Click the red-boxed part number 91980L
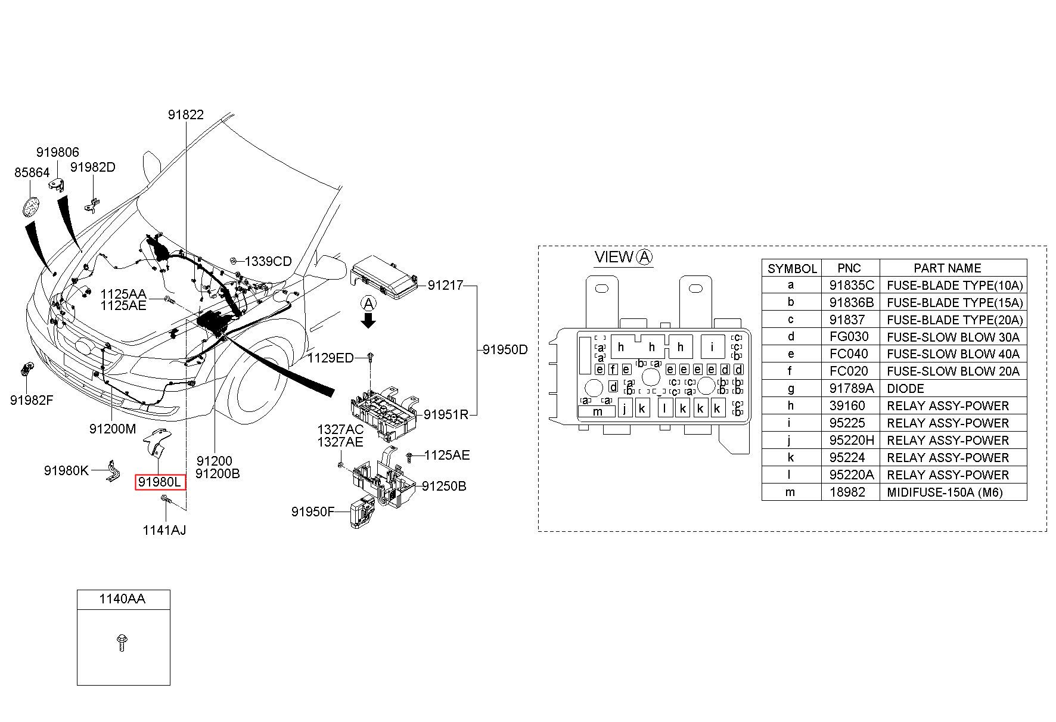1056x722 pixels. (x=160, y=482)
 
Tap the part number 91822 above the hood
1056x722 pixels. (x=185, y=114)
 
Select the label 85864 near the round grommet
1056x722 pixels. (x=32, y=172)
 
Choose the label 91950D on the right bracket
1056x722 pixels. (x=505, y=349)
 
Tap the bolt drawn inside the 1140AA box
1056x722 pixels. (x=122, y=642)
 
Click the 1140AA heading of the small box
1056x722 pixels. (x=122, y=599)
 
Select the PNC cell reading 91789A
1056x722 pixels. (x=850, y=388)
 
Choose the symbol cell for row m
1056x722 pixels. (x=791, y=492)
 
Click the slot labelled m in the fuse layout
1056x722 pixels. (x=598, y=411)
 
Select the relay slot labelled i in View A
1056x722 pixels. (x=712, y=346)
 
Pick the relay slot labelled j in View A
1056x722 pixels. (x=625, y=408)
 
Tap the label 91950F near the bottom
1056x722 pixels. (x=313, y=512)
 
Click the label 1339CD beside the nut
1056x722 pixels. (x=268, y=261)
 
